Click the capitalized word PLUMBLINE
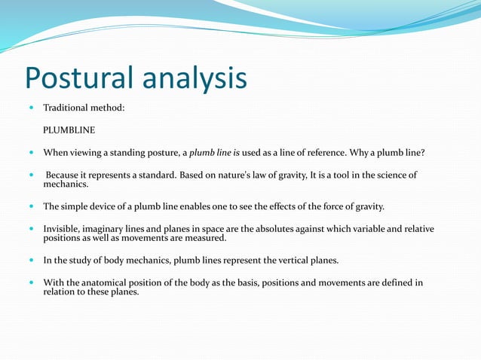pyautogui.click(x=69, y=130)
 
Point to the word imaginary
pyautogui.click(x=113, y=228)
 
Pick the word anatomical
pyautogui.click(x=103, y=282)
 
